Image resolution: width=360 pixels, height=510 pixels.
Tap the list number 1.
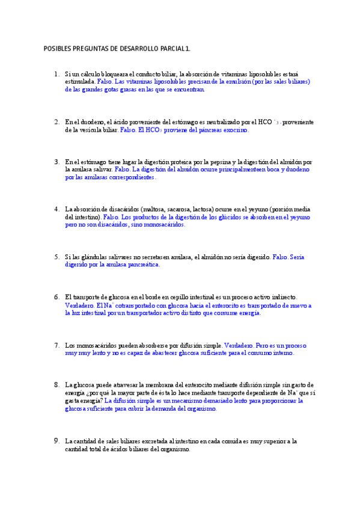(x=56, y=74)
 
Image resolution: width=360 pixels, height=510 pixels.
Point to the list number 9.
(x=56, y=441)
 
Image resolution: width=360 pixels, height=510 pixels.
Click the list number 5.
(x=56, y=257)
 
